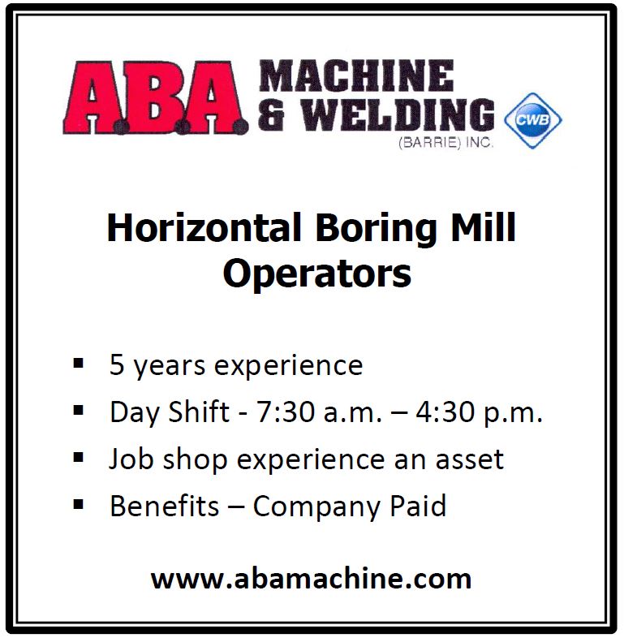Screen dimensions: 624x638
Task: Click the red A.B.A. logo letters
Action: pos(155,97)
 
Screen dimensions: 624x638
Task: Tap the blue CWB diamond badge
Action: pos(533,120)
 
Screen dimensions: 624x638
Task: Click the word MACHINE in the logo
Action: pos(356,75)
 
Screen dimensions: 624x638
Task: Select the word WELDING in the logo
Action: pos(398,114)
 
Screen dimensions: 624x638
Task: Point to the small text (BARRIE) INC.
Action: pos(445,143)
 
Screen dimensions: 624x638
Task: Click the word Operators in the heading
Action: pos(317,274)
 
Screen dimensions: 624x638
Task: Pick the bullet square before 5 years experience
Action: pos(78,363)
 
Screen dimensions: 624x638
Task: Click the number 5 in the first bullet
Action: pos(117,364)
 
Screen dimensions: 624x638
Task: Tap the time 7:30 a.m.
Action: pos(319,412)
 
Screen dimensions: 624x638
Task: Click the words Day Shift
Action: pos(170,412)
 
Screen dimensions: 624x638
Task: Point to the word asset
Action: pos(470,459)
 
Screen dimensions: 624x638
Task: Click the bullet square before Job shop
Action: pos(78,457)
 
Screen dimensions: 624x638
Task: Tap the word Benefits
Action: pos(165,506)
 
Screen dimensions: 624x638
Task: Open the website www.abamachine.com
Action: pos(311,579)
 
